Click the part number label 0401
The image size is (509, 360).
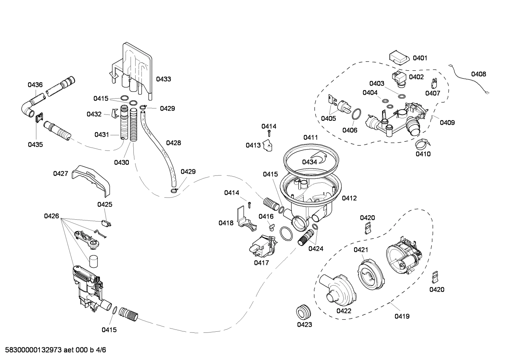coord(420,58)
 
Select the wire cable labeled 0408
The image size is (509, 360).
coord(469,80)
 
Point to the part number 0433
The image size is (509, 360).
coord(163,79)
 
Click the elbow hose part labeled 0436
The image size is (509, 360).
coord(30,110)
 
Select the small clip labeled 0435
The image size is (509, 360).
coord(39,117)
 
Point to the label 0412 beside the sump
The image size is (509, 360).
coord(349,198)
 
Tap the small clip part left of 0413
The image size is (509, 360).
coord(269,146)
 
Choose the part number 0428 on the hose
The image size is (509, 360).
coord(173,143)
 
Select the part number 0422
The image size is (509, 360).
coord(343,311)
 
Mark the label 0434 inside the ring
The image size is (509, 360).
coord(309,162)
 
